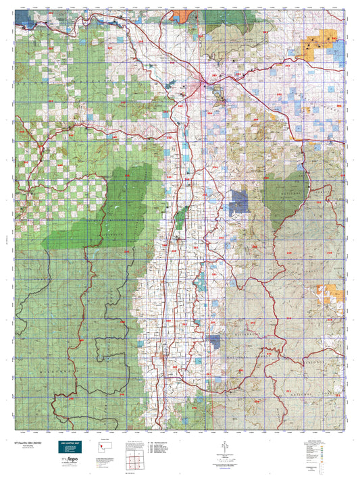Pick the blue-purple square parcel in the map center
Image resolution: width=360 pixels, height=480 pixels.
238,201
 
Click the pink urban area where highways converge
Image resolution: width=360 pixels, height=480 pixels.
203,84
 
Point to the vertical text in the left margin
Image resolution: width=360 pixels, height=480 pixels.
6,236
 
